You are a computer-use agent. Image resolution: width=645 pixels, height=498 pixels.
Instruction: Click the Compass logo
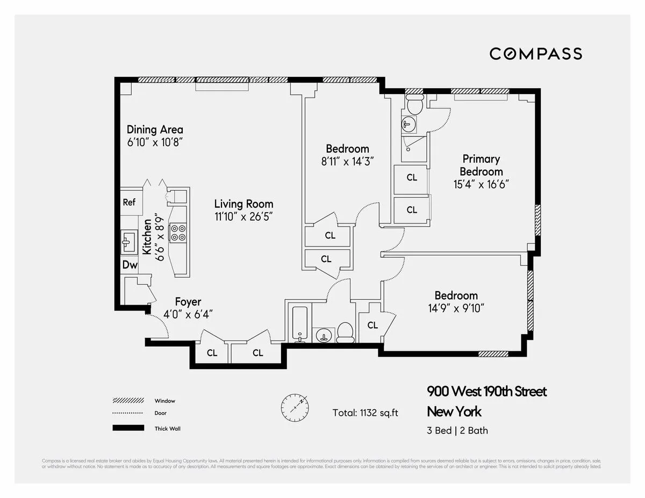tap(535, 54)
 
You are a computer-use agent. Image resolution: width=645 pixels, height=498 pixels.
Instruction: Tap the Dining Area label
tap(155, 129)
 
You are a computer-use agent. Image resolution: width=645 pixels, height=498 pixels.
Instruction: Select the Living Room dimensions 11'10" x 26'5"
tap(243, 217)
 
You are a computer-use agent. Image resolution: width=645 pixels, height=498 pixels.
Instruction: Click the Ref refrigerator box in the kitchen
tap(129, 203)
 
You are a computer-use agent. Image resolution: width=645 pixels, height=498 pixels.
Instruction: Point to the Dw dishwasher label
tap(130, 264)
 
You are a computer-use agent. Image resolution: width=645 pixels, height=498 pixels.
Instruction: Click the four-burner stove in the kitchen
tap(178, 232)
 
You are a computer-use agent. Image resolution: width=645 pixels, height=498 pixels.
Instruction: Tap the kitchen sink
tap(128, 242)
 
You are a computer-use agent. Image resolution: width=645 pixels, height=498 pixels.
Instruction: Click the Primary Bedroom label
tap(481, 165)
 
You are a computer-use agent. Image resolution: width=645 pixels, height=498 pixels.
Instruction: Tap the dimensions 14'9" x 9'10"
tap(456, 308)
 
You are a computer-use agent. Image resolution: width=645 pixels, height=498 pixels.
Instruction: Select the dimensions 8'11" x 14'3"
tap(347, 161)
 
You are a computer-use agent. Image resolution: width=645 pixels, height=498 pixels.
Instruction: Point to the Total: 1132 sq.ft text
tap(365, 413)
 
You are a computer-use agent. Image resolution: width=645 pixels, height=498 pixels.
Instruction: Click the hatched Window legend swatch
tap(128, 401)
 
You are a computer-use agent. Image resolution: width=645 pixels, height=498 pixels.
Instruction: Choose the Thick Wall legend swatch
tap(128, 428)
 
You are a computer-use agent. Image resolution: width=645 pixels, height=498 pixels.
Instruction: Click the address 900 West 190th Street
tap(486, 391)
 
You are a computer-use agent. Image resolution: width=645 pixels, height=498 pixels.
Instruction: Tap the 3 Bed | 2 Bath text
tap(457, 430)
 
